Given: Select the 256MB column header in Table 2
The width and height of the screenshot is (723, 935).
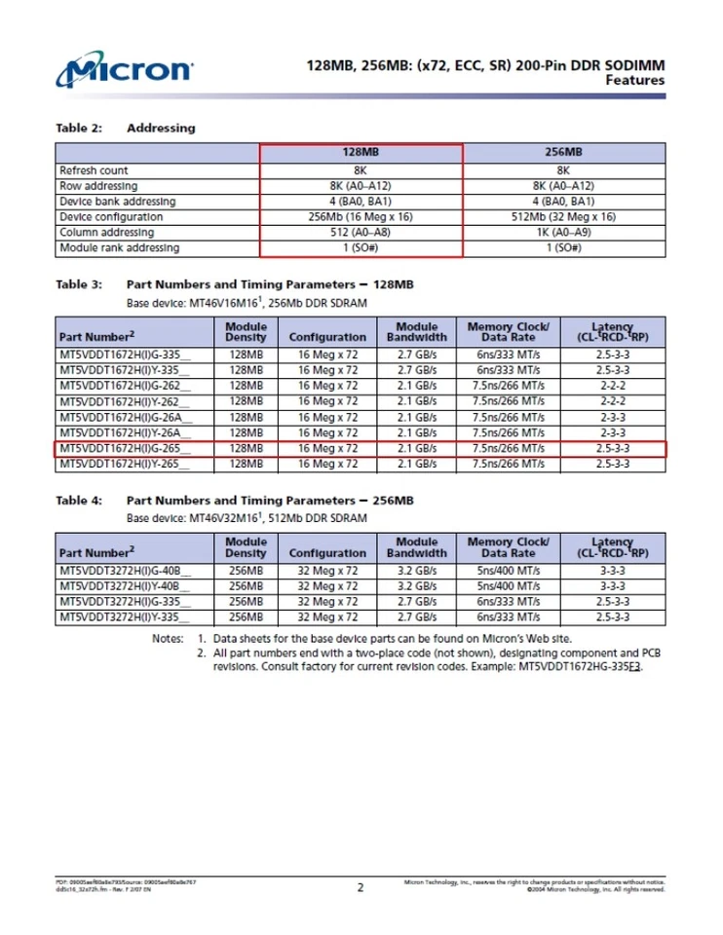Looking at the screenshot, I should pyautogui.click(x=564, y=153).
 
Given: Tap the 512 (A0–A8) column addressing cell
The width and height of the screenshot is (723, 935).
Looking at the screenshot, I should pyautogui.click(x=361, y=233).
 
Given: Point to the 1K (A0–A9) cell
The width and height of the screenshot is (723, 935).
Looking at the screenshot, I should pyautogui.click(x=564, y=233).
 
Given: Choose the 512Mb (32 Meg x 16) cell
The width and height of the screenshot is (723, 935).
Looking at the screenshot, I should pyautogui.click(x=564, y=217).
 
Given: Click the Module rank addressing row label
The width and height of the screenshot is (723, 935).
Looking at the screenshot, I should pyautogui.click(x=119, y=248).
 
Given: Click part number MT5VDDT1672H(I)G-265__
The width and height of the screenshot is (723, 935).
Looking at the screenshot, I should pyautogui.click(x=125, y=449).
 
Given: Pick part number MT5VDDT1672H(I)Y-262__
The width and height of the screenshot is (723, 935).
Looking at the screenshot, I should pyautogui.click(x=125, y=401).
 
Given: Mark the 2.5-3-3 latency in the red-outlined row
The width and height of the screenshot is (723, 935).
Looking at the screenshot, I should pyautogui.click(x=614, y=449).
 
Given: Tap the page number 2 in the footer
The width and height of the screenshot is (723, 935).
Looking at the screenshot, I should pyautogui.click(x=361, y=887).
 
